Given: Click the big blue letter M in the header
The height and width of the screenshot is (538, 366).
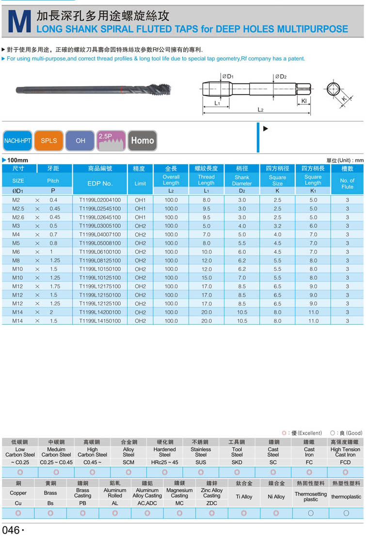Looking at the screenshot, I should tap(18, 22).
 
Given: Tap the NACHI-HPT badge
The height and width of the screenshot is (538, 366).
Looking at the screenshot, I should tap(17, 141).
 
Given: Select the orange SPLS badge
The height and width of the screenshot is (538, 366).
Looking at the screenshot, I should tap(48, 141).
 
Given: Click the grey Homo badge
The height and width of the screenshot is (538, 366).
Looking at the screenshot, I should tap(142, 141).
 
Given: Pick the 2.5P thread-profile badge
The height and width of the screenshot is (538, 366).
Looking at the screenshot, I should tap(111, 141).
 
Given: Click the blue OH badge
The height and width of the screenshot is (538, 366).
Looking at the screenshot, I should tap(80, 141).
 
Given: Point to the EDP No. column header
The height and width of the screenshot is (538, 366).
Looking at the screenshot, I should tap(100, 183).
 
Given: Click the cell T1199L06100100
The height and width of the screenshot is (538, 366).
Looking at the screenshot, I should tap(100, 252).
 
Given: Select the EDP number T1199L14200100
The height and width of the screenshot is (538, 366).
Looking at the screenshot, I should tap(100, 312).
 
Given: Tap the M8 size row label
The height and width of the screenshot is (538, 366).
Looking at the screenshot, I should tap(16, 261).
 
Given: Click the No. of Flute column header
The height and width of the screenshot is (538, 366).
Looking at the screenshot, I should tap(347, 183).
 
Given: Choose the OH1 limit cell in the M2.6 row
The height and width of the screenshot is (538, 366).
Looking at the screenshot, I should tap(140, 217).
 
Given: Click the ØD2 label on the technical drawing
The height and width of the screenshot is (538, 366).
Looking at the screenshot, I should tap(281, 77).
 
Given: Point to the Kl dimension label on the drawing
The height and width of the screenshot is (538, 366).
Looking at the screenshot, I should tap(304, 101).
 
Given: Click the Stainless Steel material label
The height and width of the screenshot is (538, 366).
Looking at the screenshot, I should tap(201, 452).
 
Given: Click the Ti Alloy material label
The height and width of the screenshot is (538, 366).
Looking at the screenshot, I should tap(244, 496).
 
